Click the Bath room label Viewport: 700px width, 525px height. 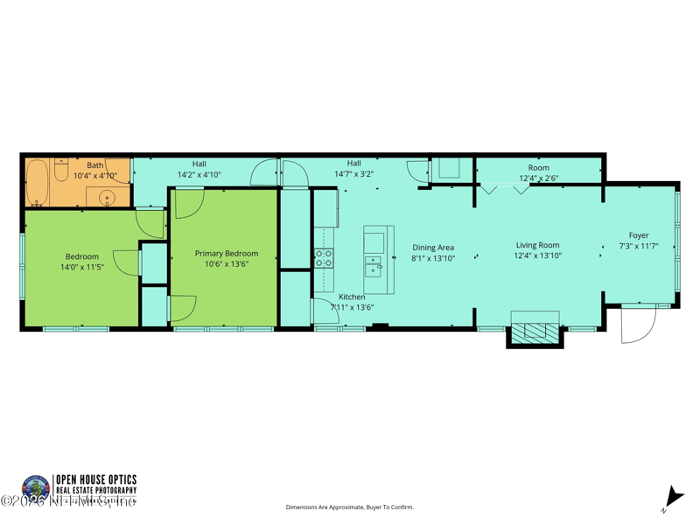(x=94, y=164)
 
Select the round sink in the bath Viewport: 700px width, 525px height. (x=108, y=198)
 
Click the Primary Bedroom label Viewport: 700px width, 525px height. (x=227, y=254)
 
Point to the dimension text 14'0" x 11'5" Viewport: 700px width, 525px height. (x=83, y=267)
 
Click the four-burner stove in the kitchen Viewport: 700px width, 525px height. (x=324, y=258)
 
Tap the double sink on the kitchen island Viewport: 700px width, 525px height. (x=374, y=266)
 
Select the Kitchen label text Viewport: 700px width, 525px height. (x=352, y=297)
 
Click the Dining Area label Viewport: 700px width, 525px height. (x=433, y=248)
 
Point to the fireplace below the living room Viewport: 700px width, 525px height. (x=534, y=332)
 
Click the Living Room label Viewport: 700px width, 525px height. (x=537, y=246)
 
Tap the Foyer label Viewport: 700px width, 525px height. (x=639, y=235)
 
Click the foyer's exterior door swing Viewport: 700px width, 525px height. (x=637, y=325)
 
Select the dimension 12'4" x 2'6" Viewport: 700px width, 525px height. (x=538, y=178)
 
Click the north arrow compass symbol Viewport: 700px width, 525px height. (x=670, y=498)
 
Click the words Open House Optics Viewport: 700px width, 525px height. (x=96, y=479)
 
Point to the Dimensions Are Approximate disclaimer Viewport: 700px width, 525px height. (x=350, y=507)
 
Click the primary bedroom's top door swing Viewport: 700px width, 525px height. (x=188, y=203)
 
